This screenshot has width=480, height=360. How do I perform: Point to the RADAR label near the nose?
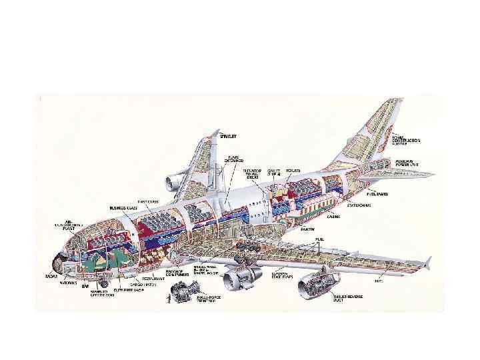[x=51, y=275]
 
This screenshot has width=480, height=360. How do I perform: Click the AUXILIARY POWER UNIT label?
[x=407, y=163]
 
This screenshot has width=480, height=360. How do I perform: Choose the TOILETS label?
[x=292, y=171]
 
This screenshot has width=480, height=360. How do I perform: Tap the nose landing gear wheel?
[x=104, y=285]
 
